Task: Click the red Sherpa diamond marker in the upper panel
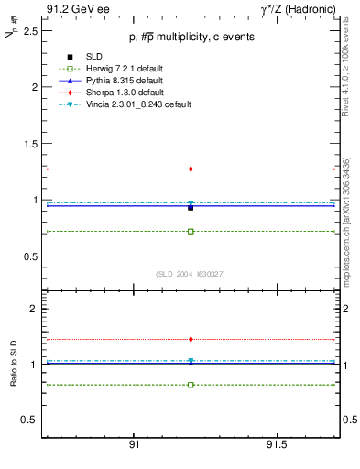(x=191, y=169)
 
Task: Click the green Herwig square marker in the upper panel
(x=191, y=231)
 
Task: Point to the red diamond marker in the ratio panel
(x=191, y=339)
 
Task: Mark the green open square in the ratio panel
(x=191, y=385)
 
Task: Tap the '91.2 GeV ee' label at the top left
(x=72, y=8)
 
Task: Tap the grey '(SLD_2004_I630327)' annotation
(x=190, y=274)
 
